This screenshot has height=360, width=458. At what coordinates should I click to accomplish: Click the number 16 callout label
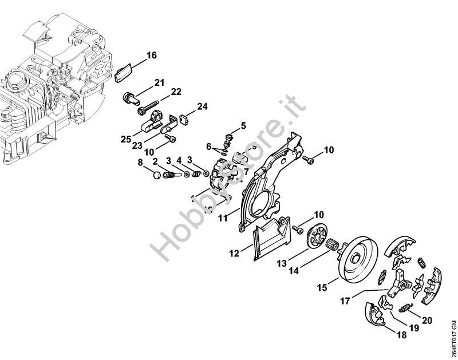coord(151,56)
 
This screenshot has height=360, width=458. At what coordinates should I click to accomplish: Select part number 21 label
coord(159,82)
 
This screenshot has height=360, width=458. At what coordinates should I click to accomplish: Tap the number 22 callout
coord(176,92)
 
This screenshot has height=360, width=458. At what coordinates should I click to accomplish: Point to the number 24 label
coord(202,106)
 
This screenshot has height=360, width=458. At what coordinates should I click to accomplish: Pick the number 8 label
coord(140,163)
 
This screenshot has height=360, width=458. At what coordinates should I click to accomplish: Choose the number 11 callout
coord(222,218)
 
